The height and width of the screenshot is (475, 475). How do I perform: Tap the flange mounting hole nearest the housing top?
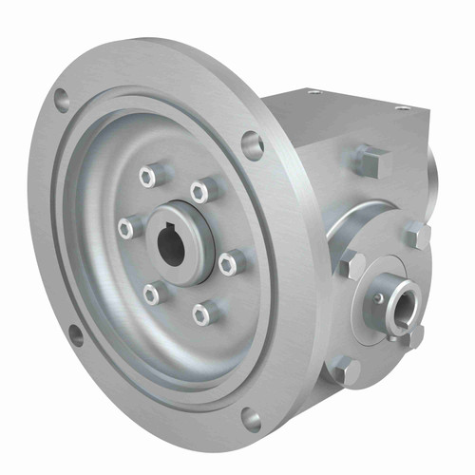(x=252, y=145)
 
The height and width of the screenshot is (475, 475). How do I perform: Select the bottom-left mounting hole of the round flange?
(x=75, y=333)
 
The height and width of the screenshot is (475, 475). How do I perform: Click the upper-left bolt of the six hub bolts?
(x=147, y=176)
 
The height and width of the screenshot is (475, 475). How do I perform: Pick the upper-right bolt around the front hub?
(x=199, y=191)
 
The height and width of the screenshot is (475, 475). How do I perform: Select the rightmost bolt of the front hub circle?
(x=227, y=262)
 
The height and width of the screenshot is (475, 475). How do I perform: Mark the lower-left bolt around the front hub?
(x=152, y=294)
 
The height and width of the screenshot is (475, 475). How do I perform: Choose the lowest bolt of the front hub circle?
(x=200, y=312)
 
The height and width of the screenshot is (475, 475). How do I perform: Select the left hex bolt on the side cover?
(x=351, y=265)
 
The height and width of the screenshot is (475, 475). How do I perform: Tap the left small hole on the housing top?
(x=315, y=93)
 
